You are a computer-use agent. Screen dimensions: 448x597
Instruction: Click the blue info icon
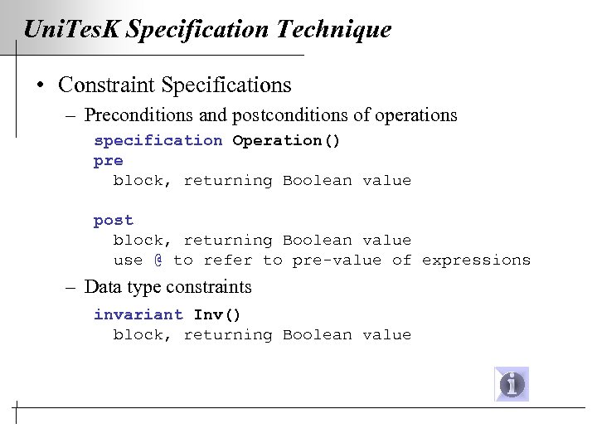512,384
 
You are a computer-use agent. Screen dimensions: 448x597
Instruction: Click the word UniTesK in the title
73,31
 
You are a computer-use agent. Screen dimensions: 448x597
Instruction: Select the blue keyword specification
158,140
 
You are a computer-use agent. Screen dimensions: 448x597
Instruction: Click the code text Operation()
286,140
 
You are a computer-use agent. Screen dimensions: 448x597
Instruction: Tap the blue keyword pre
108,160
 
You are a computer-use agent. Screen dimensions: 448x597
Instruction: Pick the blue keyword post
113,220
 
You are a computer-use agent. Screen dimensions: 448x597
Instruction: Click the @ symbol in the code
158,260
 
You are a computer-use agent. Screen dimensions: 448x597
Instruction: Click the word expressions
476,260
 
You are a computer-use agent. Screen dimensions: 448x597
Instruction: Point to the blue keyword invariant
138,314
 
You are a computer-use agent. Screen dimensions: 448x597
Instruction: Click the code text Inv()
217,314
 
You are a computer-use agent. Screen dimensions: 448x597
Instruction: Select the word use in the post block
128,260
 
